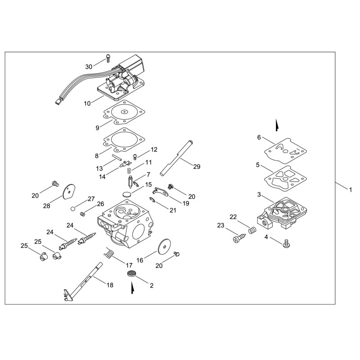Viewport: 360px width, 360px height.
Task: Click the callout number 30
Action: tap(89, 67)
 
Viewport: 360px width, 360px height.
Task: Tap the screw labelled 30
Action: tap(108, 58)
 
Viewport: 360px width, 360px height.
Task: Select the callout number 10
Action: tap(87, 103)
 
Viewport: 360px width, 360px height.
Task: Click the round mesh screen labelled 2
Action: tap(131, 274)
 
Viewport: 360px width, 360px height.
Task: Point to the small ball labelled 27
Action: tap(72, 209)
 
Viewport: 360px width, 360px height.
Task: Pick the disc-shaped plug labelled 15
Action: tap(127, 194)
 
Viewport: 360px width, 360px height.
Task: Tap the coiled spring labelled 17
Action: tap(108, 253)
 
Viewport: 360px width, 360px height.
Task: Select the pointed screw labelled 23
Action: tap(239, 238)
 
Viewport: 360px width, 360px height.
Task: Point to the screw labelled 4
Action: tap(286, 243)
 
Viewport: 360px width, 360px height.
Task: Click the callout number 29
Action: tap(197, 166)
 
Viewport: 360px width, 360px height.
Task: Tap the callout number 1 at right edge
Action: tap(351, 190)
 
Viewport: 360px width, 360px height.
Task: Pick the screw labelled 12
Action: tap(135, 157)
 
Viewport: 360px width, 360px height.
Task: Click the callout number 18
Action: tap(110, 285)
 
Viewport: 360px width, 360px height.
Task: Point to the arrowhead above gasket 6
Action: tap(277, 126)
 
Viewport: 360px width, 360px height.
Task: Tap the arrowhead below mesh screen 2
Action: tap(132, 288)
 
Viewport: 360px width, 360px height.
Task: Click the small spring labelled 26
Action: tap(82, 214)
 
